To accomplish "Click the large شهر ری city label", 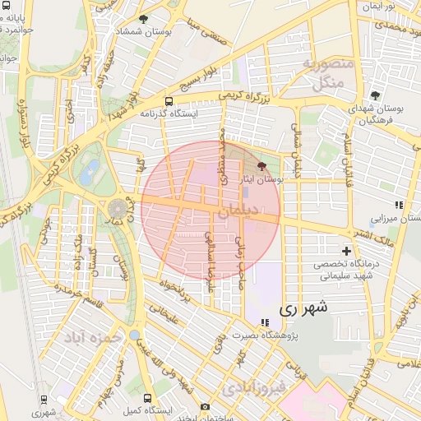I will coord(303,308).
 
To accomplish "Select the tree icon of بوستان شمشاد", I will coord(144,19).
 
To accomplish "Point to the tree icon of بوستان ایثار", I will coord(261,166).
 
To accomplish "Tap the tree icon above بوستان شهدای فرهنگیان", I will coord(375,95).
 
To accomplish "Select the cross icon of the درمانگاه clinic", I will coord(346,250).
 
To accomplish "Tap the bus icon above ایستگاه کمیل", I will coord(146,397).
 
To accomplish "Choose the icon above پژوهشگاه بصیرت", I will coord(264,322).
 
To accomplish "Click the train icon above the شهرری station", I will coord(43,399).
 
